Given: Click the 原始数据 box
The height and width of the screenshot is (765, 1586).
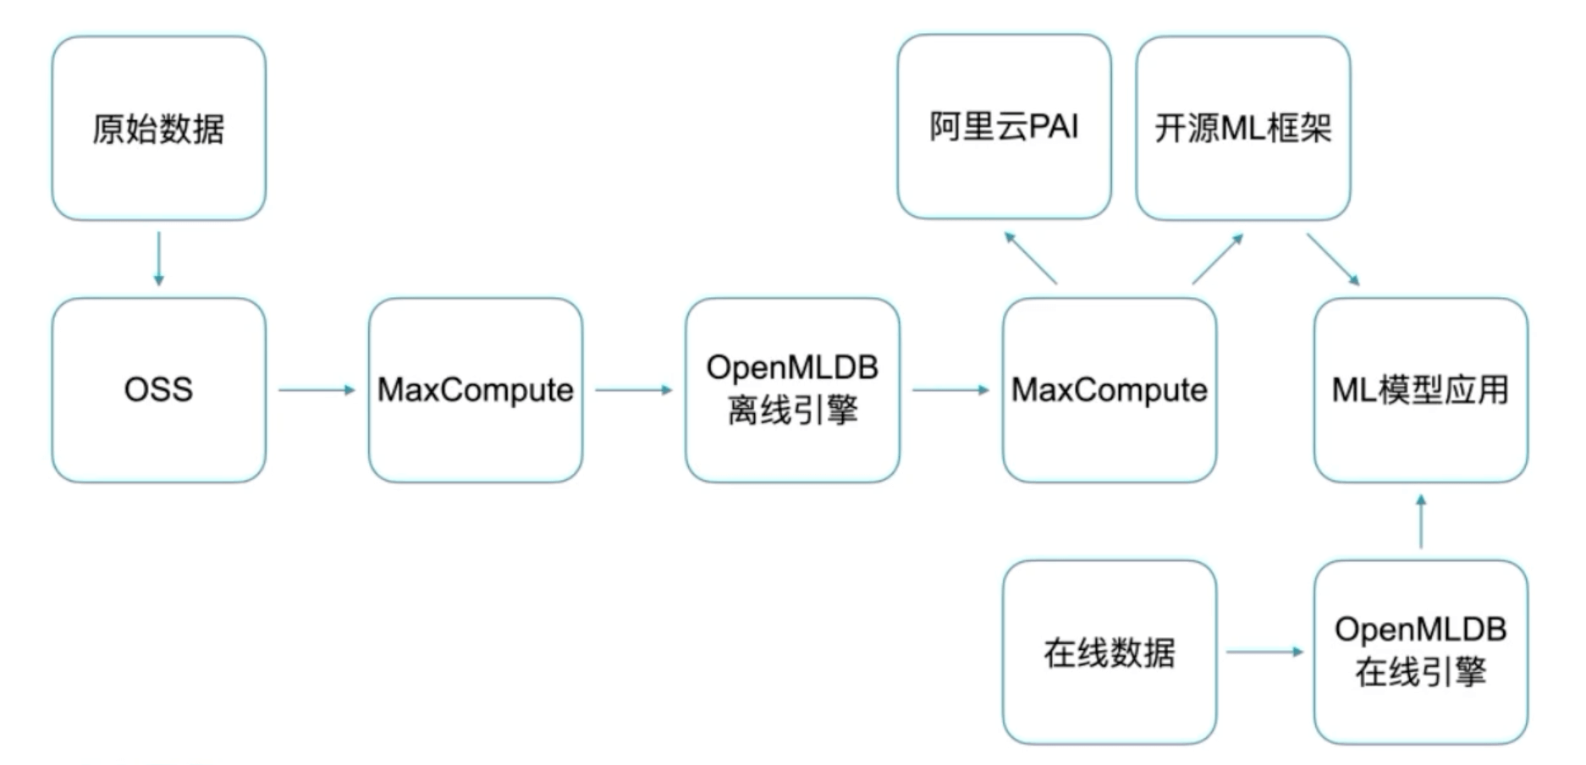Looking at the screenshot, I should point(158,129).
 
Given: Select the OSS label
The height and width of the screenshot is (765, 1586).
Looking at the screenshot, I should point(158,389).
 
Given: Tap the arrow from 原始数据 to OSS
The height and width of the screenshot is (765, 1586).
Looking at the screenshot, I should point(158,258).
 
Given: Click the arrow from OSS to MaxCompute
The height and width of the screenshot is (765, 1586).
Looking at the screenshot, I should point(317,390).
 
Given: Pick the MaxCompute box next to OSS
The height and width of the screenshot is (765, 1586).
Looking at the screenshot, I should point(475,390).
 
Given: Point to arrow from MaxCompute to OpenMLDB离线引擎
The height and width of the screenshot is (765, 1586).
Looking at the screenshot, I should point(633,390).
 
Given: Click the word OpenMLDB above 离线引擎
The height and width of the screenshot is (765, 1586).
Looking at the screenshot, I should point(792,367).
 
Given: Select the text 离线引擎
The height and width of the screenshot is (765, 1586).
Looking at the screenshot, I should point(792,411).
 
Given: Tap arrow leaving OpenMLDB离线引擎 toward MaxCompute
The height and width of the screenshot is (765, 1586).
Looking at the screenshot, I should point(950,390).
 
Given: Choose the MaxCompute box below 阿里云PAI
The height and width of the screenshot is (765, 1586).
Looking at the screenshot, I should point(1109,390).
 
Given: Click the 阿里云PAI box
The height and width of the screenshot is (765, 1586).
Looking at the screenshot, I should point(1004,127).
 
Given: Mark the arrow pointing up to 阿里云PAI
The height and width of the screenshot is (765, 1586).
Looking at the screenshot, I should point(1031,257).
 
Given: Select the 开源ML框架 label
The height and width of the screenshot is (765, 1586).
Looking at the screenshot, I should point(1242,129).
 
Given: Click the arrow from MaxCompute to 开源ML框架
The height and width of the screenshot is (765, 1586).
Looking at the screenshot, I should point(1218,258).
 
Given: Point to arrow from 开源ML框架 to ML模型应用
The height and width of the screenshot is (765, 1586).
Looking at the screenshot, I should point(1333,259).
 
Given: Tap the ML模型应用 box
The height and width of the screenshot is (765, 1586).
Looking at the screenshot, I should point(1420,390).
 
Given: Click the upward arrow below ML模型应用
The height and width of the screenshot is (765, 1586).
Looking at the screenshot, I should point(1421,521).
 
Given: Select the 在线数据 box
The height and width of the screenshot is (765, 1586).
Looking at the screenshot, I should point(1109,652).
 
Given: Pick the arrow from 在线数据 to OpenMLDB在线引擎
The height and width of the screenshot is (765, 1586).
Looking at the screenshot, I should point(1264,652).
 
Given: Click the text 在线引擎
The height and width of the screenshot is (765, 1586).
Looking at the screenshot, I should point(1420,674).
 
